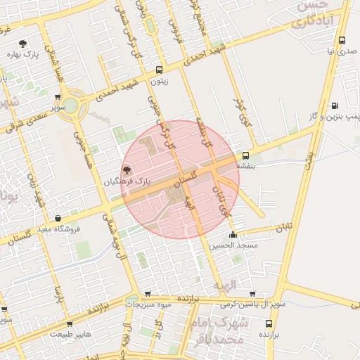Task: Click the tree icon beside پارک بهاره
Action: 25,43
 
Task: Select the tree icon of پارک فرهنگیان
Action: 127,169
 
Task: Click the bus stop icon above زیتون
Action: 159,70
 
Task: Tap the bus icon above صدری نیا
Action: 342,41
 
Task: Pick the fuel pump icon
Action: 334,105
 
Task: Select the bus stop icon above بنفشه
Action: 245,155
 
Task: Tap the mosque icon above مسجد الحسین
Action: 233,235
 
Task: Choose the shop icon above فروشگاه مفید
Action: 57,218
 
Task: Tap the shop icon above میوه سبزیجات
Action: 147,294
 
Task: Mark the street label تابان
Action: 283,227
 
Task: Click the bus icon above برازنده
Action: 269,323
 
